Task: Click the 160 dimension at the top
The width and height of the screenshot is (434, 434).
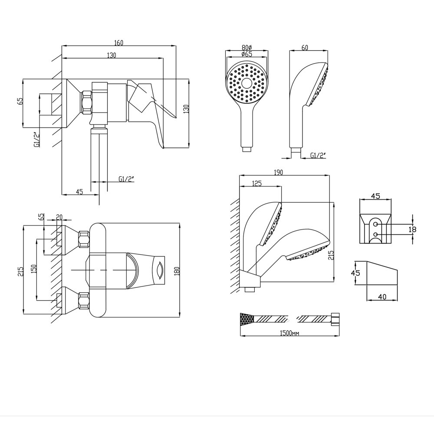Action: pos(119,43)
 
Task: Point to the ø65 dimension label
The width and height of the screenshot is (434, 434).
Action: pos(246,54)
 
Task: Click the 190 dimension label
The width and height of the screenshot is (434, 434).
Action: pos(278,172)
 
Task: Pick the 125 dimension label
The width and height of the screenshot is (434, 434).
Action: pos(256,184)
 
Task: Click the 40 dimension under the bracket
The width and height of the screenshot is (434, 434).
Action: pos(382,297)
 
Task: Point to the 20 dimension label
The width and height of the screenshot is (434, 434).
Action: pos(59,217)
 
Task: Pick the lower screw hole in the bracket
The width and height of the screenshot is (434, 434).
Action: pos(375,234)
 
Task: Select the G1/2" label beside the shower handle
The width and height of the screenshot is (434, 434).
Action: pos(318,155)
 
